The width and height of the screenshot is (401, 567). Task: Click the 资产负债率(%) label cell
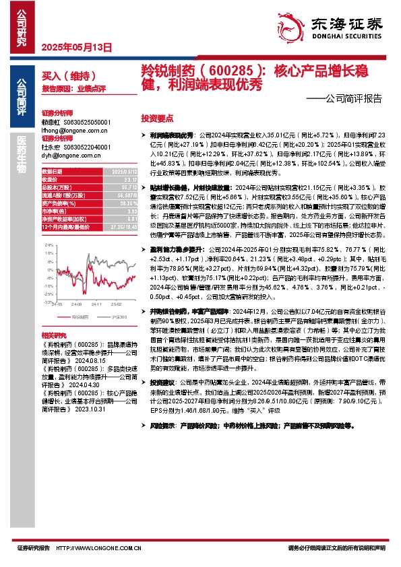point(57,202)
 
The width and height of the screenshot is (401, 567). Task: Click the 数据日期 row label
point(53,173)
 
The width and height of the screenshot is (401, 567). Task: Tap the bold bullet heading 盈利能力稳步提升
point(173,249)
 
